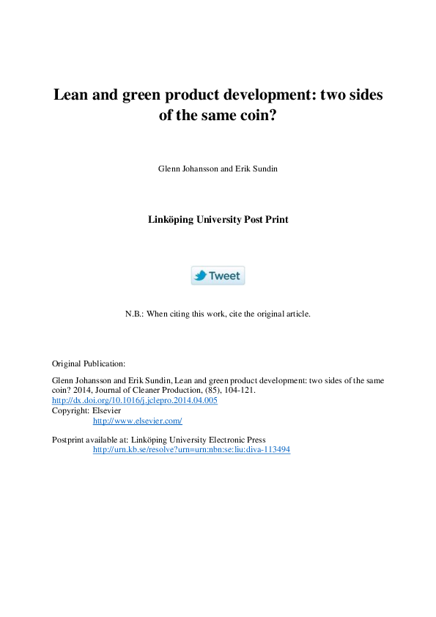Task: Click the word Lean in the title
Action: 70,95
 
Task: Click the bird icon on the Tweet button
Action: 200,276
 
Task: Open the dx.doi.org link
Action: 134,401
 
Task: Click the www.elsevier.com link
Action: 137,421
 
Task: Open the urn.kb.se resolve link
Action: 191,449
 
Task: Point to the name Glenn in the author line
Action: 169,169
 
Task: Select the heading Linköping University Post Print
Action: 218,219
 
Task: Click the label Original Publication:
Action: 89,363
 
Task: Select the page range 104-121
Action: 238,391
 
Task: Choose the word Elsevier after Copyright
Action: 106,411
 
